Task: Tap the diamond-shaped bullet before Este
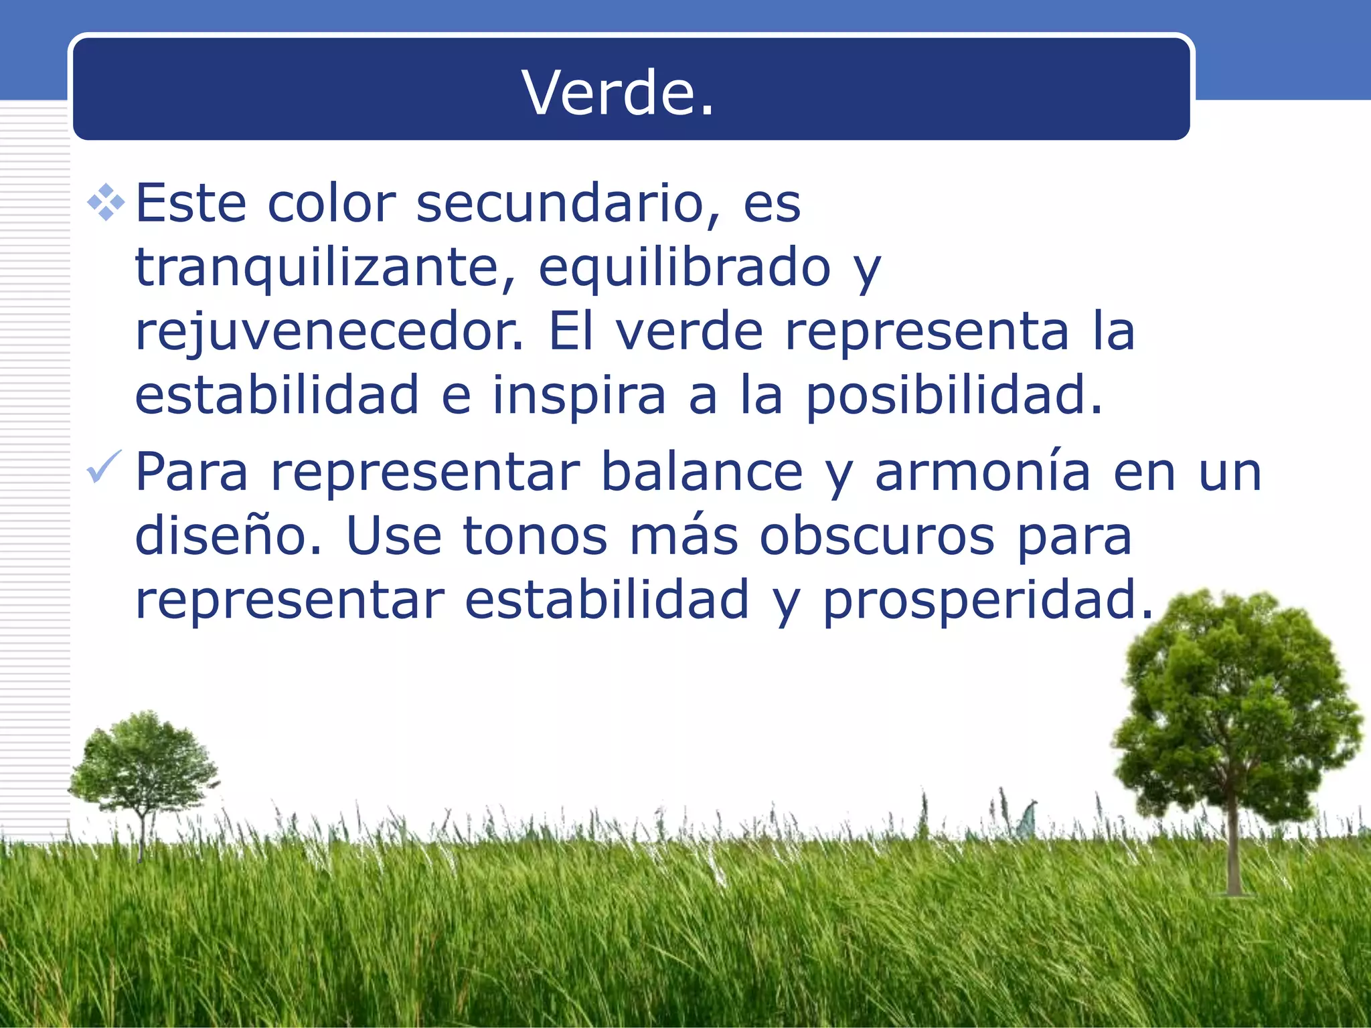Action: (x=106, y=202)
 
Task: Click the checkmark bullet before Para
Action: (x=104, y=466)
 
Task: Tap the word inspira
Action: (x=579, y=395)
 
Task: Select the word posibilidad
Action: (x=953, y=395)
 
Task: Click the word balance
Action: (x=702, y=472)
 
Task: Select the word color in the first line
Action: (x=332, y=203)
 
